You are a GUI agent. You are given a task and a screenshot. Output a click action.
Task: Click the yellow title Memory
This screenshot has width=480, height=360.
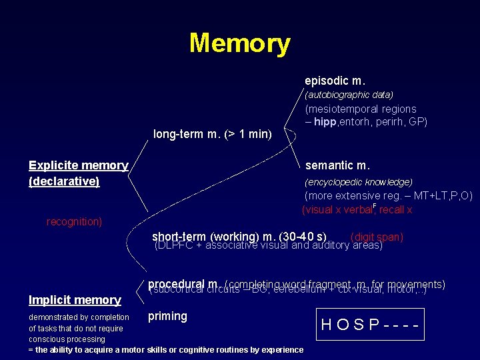(x=239, y=43)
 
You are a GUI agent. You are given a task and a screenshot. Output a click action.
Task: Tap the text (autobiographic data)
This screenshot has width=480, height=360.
(x=349, y=95)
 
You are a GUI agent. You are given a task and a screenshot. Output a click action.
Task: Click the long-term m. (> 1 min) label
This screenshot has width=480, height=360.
(x=212, y=134)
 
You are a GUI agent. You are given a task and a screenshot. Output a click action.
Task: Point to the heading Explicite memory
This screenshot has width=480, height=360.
(x=78, y=165)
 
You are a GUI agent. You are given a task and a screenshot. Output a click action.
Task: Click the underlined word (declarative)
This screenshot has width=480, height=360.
(x=64, y=181)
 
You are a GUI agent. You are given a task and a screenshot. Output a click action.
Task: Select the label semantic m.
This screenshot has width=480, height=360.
(x=337, y=165)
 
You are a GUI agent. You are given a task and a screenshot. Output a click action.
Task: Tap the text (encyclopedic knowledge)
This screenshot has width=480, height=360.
(x=358, y=182)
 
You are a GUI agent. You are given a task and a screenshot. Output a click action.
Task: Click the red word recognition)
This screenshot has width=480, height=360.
(x=74, y=221)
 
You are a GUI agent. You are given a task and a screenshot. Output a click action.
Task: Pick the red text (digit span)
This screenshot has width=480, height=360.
(x=376, y=237)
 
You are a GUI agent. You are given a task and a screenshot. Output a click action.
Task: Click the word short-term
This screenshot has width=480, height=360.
(x=179, y=237)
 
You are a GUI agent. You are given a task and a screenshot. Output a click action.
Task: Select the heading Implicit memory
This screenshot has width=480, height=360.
(x=75, y=300)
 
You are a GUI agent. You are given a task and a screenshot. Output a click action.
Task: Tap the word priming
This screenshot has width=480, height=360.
(x=167, y=316)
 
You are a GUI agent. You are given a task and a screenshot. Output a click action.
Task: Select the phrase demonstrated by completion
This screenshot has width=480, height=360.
(x=79, y=317)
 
